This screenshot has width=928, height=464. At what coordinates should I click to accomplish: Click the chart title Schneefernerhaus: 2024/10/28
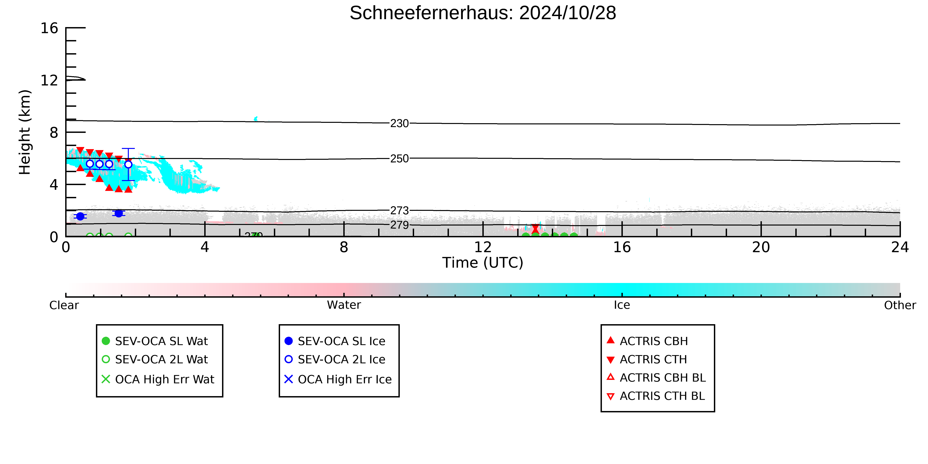483,13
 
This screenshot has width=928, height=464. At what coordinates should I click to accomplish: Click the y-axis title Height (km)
25,132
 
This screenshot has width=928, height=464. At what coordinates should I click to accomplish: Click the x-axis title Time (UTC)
483,263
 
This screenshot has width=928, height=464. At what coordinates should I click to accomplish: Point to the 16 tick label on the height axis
49,28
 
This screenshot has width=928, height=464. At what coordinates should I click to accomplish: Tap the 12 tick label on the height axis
49,80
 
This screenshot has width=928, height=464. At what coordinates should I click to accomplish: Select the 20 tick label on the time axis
761,248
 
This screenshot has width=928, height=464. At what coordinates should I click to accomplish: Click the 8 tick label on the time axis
344,248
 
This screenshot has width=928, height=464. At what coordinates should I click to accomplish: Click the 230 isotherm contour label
400,124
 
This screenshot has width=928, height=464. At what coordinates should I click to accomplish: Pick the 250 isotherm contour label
400,159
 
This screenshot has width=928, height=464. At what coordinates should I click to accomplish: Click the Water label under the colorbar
344,305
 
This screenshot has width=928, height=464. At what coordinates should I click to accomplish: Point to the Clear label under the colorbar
64,305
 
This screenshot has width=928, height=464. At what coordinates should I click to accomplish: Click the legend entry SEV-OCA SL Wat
155,341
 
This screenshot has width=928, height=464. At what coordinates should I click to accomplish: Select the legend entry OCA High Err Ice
338,379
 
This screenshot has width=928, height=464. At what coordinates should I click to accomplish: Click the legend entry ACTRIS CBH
647,341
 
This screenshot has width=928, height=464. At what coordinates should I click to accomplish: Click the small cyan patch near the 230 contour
256,119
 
